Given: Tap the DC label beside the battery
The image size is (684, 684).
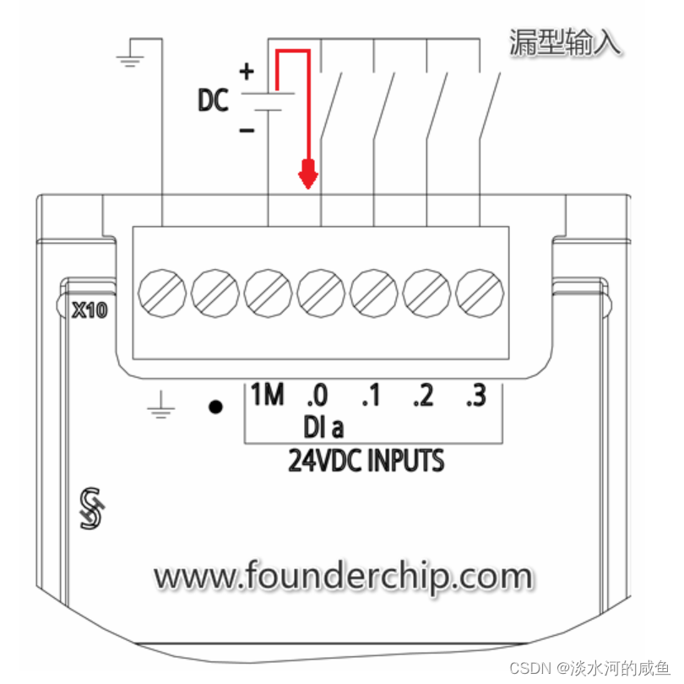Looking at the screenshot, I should [x=213, y=101].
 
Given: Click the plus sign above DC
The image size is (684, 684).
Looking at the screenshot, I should [x=247, y=72].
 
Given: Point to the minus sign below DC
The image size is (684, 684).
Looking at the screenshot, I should [x=247, y=131].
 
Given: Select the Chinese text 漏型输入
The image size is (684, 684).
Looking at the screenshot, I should [x=565, y=42].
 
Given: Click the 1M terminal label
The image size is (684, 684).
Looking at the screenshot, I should [x=267, y=395].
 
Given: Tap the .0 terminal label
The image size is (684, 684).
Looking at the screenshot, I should [x=318, y=396].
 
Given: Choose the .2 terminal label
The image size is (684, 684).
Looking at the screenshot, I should [x=423, y=396].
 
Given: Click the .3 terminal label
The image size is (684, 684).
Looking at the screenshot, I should [x=475, y=396].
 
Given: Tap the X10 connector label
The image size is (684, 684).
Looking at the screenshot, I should [x=89, y=310].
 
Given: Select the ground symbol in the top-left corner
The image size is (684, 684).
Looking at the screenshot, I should [x=129, y=55].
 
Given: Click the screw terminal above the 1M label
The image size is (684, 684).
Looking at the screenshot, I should [x=267, y=291].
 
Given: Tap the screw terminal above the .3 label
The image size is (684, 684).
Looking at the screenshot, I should [x=478, y=291].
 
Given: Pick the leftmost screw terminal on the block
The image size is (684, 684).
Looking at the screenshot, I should [x=162, y=291].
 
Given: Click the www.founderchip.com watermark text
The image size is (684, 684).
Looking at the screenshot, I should [x=343, y=578].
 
